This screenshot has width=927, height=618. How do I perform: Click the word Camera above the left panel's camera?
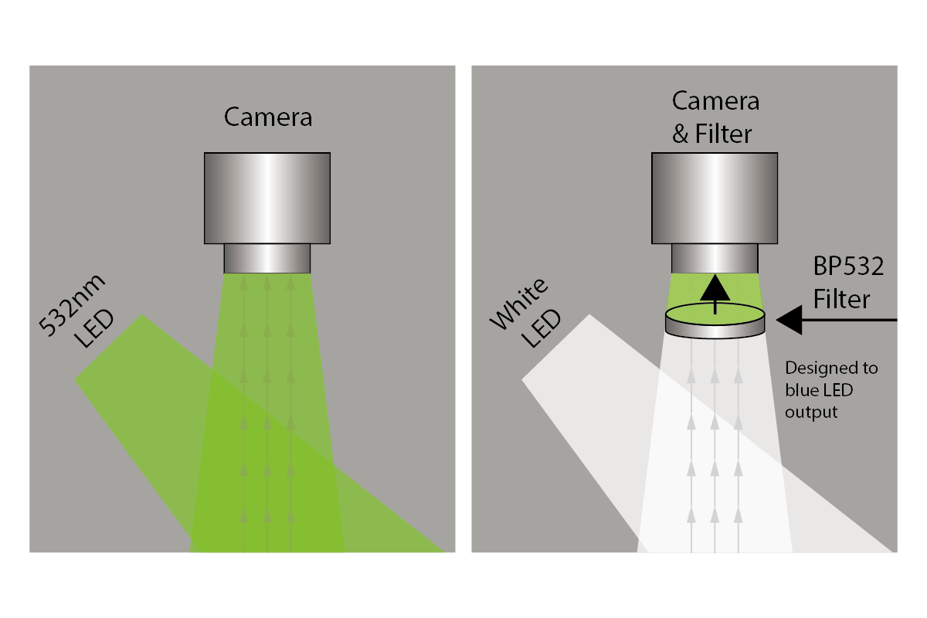tap(268, 117)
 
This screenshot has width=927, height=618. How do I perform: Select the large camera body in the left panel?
tap(268, 197)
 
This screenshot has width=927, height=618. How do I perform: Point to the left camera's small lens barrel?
tap(267, 258)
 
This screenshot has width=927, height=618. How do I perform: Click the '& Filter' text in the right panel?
tap(711, 134)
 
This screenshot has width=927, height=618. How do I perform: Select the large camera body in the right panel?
tap(715, 197)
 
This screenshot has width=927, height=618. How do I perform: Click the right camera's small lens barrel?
tap(715, 258)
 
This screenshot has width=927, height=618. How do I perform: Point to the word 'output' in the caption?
tap(811, 412)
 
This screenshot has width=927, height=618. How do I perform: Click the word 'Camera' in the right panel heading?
tap(715, 101)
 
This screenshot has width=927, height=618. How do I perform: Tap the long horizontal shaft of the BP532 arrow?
tap(850, 320)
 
